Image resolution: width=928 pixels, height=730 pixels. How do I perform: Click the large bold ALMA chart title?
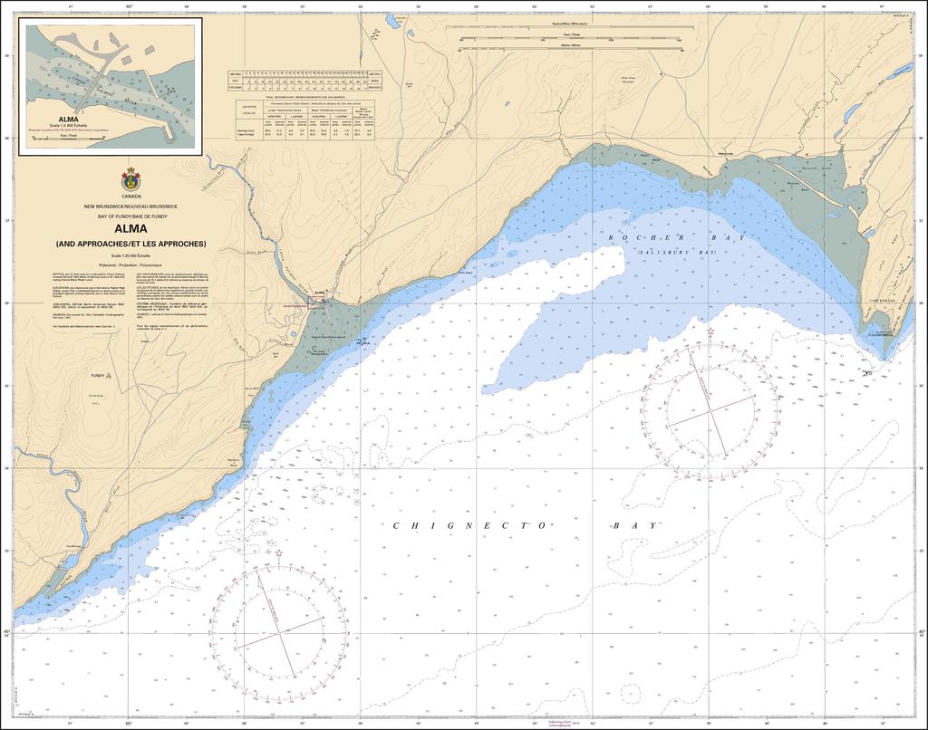(x=130, y=229)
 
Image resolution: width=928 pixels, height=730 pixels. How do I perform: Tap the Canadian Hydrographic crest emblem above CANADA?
(x=130, y=180)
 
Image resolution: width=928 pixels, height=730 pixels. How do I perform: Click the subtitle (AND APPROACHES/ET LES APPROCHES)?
(x=130, y=244)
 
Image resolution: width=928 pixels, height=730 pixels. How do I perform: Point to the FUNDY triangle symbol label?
(x=96, y=374)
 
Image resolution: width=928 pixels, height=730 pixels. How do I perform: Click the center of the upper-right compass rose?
(x=710, y=406)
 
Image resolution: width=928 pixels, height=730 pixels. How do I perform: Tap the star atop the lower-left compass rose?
(x=279, y=552)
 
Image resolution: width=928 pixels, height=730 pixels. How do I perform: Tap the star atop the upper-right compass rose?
(x=710, y=333)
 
